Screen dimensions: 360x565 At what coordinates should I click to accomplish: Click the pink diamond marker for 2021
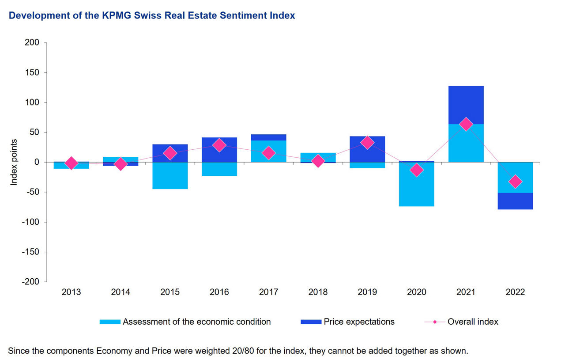point(466,125)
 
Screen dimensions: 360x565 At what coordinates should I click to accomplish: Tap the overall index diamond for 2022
point(515,182)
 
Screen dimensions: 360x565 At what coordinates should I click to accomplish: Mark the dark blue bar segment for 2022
point(515,201)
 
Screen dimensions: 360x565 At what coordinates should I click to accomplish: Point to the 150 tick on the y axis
point(32,72)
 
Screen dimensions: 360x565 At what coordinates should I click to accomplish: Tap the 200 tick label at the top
point(32,43)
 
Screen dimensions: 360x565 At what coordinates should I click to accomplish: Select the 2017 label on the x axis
point(268,292)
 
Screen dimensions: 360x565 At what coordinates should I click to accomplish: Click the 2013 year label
point(72,292)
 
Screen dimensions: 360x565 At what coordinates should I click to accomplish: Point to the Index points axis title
point(14,162)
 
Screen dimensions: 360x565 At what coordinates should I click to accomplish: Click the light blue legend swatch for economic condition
point(110,322)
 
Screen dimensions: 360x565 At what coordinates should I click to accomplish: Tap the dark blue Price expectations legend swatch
point(311,322)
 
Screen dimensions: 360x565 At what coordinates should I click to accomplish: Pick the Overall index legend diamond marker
point(435,322)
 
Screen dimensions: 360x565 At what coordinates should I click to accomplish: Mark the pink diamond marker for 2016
point(219,145)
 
